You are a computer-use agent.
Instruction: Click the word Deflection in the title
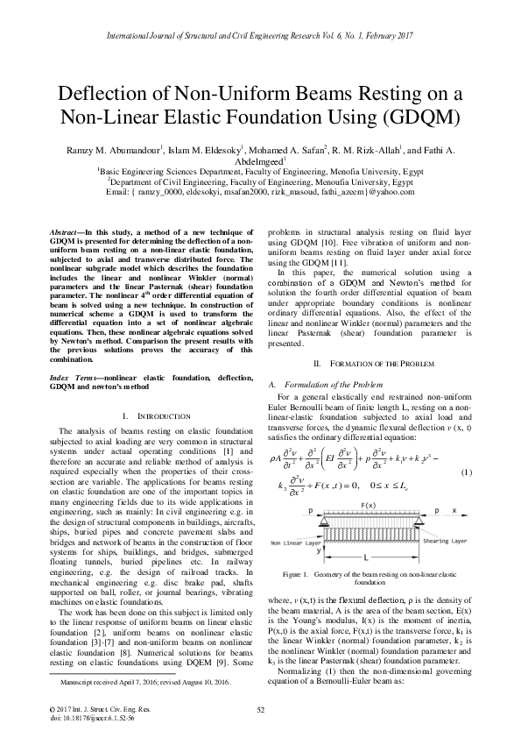[x=105, y=96]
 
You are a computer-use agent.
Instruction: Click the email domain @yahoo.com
[x=392, y=192]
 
